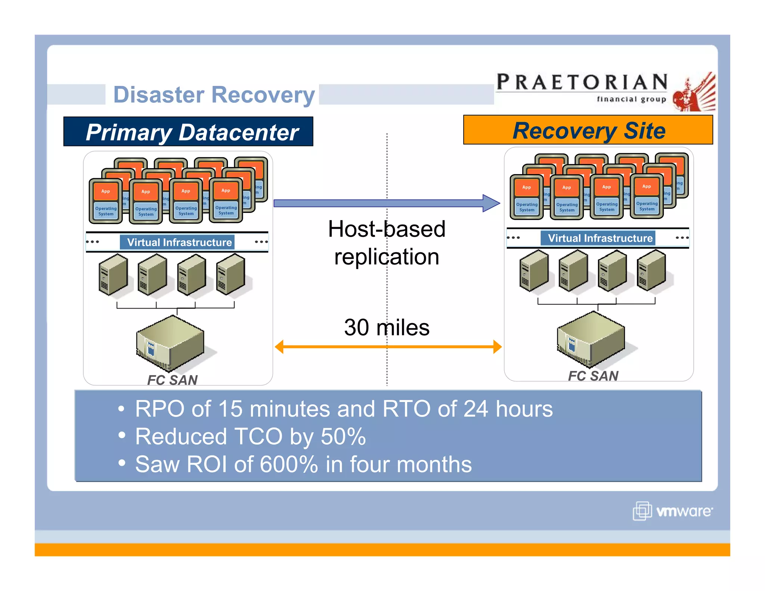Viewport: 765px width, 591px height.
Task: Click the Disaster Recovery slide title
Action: click(214, 95)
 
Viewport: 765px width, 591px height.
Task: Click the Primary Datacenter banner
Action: click(192, 132)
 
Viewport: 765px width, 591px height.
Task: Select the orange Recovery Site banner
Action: click(588, 130)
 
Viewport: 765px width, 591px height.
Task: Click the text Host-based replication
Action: click(387, 243)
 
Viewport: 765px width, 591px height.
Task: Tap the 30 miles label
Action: click(387, 327)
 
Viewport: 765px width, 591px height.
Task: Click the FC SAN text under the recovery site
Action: click(593, 376)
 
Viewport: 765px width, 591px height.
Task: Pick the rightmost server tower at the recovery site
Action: click(651, 270)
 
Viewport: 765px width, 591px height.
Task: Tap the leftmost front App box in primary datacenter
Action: click(106, 191)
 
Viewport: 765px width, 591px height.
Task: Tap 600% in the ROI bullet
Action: click(288, 464)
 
